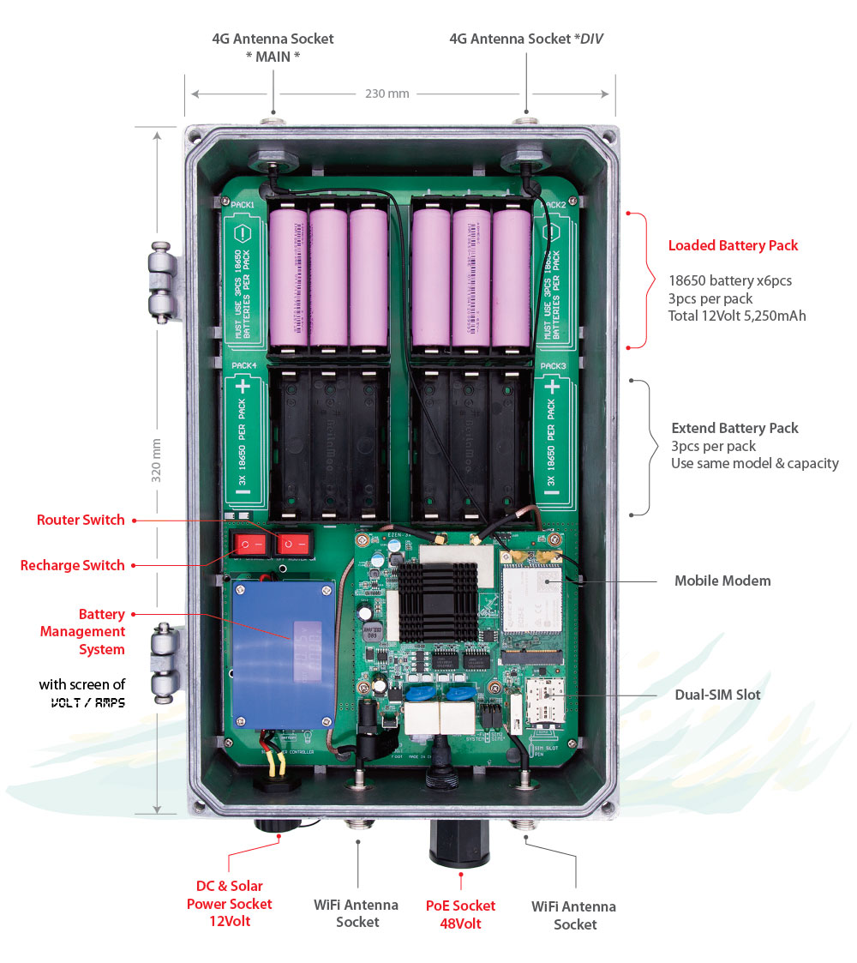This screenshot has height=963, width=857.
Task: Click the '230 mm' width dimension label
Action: click(387, 93)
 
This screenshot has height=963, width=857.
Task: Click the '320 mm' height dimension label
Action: click(157, 460)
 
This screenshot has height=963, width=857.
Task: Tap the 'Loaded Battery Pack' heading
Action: click(733, 246)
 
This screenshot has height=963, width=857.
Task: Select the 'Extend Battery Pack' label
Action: click(734, 428)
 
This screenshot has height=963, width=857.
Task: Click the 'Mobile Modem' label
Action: click(722, 581)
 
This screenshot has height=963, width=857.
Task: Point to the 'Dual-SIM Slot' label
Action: click(717, 695)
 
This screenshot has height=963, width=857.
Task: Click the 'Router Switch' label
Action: click(81, 520)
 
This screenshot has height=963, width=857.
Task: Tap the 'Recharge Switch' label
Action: click(73, 565)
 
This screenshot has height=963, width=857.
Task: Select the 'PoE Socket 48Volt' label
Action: click(460, 914)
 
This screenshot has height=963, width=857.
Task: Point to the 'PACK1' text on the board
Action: click(243, 206)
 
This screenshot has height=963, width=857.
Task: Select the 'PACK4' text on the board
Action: click(244, 366)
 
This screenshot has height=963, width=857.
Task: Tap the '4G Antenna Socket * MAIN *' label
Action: click(273, 47)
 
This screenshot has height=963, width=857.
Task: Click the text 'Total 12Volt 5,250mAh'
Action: click(737, 316)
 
